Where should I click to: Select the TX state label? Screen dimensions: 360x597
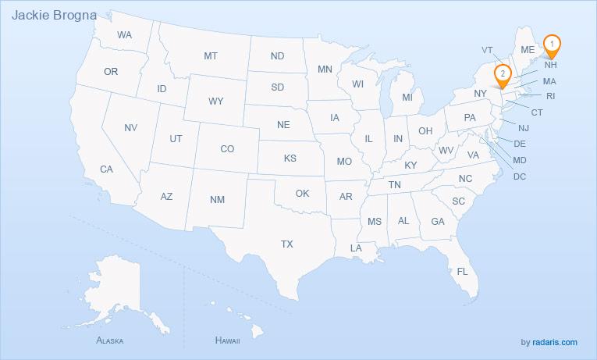click(x=286, y=244)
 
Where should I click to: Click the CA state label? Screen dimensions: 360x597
click(x=106, y=169)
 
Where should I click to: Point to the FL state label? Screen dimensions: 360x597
click(x=462, y=272)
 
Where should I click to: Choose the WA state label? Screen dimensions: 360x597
click(x=125, y=36)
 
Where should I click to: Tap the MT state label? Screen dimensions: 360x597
click(x=211, y=56)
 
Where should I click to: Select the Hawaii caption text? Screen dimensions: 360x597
click(x=227, y=341)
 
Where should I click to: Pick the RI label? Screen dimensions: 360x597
click(x=550, y=96)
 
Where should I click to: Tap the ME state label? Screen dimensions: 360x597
click(x=528, y=48)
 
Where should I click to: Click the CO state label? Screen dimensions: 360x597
click(x=227, y=148)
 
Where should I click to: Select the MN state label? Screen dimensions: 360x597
click(x=325, y=70)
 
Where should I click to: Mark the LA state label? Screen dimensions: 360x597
click(x=356, y=248)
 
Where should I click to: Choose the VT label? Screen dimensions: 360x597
click(x=487, y=50)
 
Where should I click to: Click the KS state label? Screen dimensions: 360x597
click(x=290, y=158)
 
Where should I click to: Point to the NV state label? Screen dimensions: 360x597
click(x=131, y=127)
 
